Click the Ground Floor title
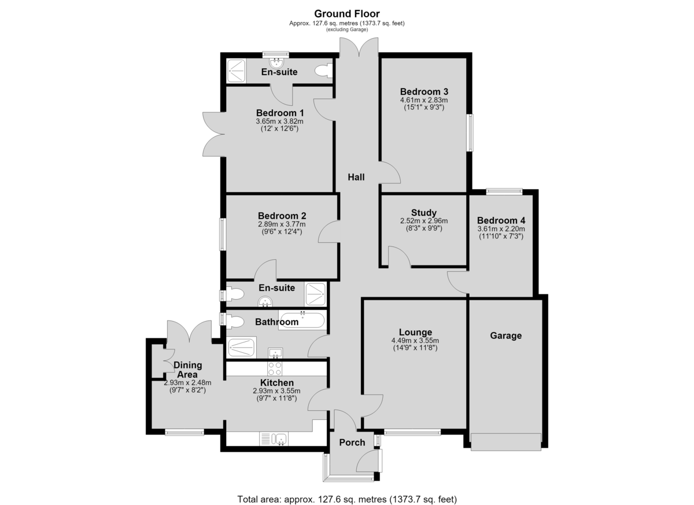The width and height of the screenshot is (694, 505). pyautogui.click(x=346, y=14)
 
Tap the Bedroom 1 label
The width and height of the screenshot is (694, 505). pyautogui.click(x=280, y=113)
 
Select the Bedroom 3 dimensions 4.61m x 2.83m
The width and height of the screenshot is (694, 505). pyautogui.click(x=424, y=100)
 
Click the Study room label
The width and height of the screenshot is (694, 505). pyautogui.click(x=424, y=212)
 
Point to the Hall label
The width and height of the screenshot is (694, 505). pyautogui.click(x=356, y=177)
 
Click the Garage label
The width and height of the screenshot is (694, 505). pyautogui.click(x=505, y=336)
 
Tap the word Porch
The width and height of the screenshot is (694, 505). pyautogui.click(x=352, y=443)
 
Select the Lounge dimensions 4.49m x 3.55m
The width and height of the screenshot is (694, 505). pyautogui.click(x=415, y=341)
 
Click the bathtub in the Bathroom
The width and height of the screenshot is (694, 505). pyautogui.click(x=302, y=320)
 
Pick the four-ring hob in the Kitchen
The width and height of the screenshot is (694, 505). pyautogui.click(x=275, y=368)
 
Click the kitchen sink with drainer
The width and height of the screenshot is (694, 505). pyautogui.click(x=274, y=438)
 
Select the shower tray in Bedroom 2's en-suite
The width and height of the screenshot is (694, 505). pyautogui.click(x=316, y=294)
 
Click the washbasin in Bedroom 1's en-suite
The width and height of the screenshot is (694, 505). pyautogui.click(x=276, y=63)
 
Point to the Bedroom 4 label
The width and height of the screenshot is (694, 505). pyautogui.click(x=501, y=220)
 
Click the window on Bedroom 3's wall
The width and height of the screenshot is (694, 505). pyautogui.click(x=470, y=132)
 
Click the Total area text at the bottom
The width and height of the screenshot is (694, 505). pyautogui.click(x=347, y=491)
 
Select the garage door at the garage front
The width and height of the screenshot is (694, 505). pyautogui.click(x=506, y=442)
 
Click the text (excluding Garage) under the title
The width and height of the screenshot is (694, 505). pyautogui.click(x=347, y=30)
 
